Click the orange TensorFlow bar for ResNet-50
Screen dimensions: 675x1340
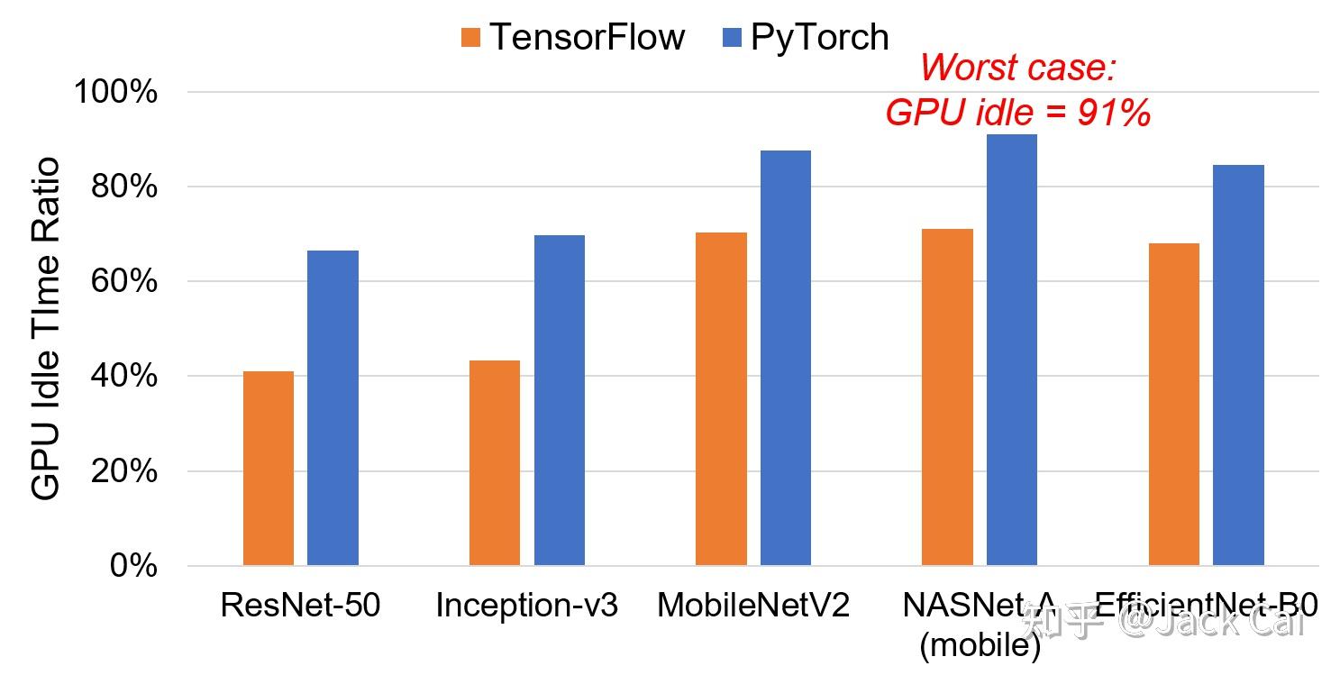268,468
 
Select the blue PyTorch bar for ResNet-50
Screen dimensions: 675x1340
333,407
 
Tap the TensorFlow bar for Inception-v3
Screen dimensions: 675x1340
495,462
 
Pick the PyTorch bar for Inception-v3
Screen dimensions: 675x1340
559,400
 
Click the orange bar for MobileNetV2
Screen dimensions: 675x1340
721,398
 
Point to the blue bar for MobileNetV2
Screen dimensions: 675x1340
785,358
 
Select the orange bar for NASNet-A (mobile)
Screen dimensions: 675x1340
947,397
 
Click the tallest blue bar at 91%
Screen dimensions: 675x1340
1011,350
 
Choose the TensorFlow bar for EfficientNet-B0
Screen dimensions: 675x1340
1173,404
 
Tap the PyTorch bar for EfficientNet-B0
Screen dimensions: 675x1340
1238,365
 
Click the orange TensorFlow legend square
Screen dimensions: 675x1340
470,38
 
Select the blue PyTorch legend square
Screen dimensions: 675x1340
733,38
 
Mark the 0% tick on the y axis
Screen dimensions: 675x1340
133,566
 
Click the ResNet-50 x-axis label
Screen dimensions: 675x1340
300,606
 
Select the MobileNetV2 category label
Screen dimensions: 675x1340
753,606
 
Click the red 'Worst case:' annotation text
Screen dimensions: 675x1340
1018,68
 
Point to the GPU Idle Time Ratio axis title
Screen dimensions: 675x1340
45,328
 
